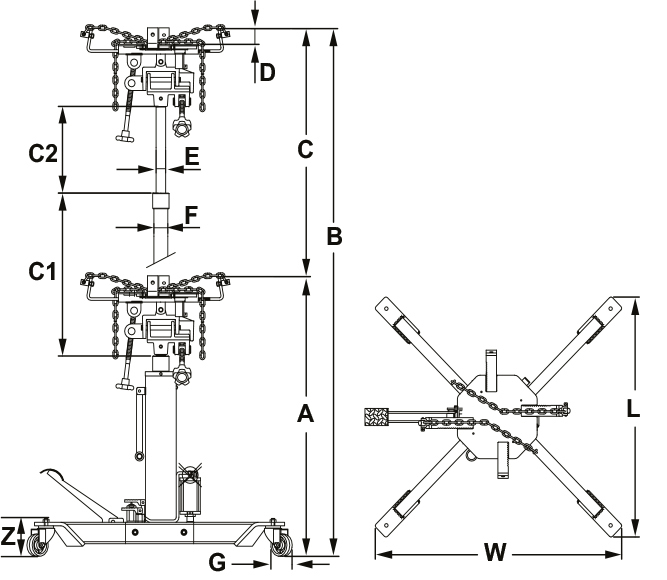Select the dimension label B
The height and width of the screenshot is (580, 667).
335,236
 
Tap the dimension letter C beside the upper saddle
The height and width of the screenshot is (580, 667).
307,149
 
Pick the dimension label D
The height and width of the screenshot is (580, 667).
266,72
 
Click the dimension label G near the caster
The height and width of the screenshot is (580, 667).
217,562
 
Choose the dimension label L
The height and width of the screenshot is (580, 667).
633,409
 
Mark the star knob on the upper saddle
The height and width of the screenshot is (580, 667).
183,129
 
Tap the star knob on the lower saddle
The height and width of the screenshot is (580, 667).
183,376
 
